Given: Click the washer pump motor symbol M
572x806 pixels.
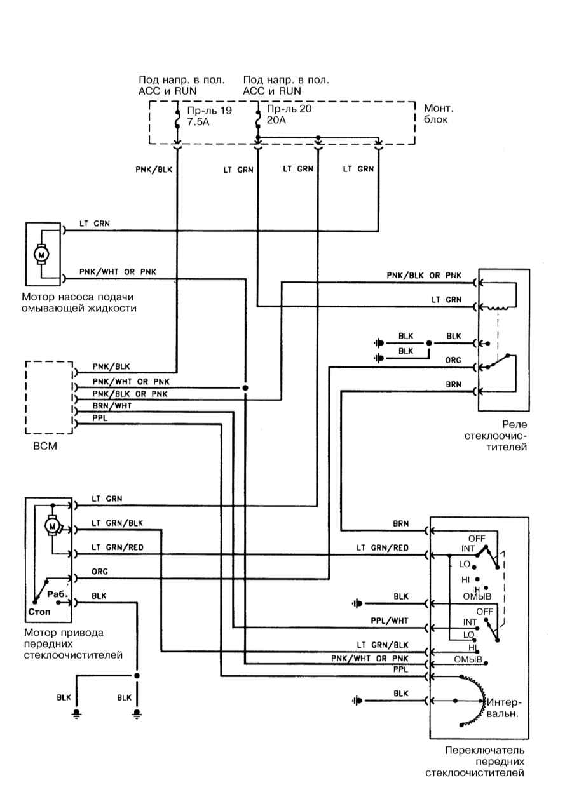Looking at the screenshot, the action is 41,255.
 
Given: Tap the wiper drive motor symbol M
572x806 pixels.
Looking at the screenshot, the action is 53,526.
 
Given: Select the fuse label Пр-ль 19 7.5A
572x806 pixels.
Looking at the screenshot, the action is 210,116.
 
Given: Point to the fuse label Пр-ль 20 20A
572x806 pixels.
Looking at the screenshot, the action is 289,114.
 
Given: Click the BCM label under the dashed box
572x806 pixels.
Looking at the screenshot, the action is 45,446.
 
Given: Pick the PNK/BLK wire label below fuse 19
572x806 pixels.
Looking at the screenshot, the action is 154,169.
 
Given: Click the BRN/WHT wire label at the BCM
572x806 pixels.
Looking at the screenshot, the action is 112,405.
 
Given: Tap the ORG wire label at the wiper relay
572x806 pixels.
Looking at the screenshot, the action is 453,360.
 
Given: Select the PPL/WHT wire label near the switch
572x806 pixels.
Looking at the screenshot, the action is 390,621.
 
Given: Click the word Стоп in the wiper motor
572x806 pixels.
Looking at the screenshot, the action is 39,612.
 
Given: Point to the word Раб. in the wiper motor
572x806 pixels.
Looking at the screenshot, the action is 58,594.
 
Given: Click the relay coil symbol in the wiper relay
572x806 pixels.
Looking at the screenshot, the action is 498,307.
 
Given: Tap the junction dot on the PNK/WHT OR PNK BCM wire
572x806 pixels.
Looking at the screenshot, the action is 245,388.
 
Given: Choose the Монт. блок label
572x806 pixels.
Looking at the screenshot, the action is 439,114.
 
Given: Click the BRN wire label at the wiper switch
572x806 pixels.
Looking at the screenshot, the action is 400,523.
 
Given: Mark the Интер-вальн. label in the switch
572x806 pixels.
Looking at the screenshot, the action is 503,708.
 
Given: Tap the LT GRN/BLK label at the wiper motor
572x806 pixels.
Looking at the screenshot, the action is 117,523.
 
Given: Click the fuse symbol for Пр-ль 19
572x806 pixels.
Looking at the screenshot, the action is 177,119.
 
